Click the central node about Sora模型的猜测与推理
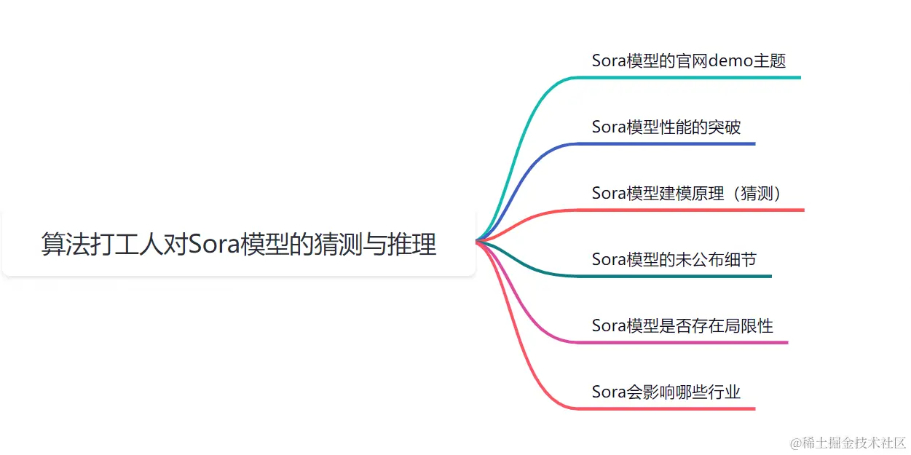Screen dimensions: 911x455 (x=239, y=245)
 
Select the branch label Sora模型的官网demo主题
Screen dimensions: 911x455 (x=688, y=60)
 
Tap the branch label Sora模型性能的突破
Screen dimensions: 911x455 (x=666, y=127)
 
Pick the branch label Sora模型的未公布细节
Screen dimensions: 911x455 (x=674, y=259)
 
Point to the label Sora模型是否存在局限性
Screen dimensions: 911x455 (x=682, y=325)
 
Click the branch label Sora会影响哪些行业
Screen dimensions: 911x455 (x=666, y=392)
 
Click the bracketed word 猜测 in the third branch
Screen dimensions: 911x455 (x=757, y=193)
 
